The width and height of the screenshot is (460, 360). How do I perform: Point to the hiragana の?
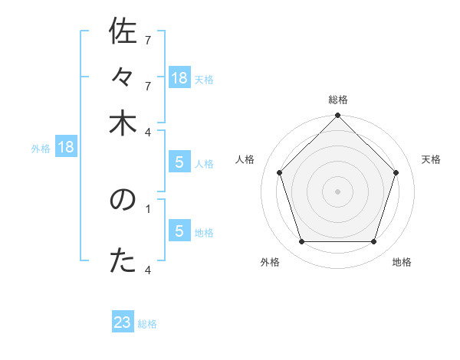pos(123,201)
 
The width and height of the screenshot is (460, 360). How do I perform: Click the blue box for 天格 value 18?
pos(179,78)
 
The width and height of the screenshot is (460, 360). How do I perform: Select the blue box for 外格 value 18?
pos(66,148)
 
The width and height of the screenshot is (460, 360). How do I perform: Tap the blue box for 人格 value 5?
pos(179,162)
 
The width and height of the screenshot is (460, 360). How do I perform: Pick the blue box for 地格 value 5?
pos(179,231)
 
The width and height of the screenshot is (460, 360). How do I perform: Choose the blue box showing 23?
pos(123,322)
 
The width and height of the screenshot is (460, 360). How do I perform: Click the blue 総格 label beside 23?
pos(148,324)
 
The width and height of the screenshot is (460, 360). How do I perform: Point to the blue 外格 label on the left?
pos(41,149)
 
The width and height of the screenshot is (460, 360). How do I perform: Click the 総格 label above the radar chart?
pos(338,100)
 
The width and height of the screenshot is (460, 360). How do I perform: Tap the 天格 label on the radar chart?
pos(432,159)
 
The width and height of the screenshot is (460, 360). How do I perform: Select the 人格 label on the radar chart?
pos(245,159)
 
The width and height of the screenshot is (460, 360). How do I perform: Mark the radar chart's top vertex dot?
pos(338,116)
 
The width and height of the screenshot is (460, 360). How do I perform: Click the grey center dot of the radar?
pos(338,191)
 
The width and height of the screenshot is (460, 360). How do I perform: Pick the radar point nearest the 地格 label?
pos(374,242)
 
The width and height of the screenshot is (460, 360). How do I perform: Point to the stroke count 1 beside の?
pos(148,207)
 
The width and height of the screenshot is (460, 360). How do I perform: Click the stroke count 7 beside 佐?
pos(148,39)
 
